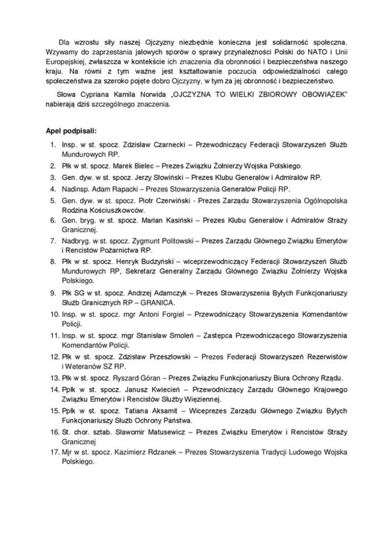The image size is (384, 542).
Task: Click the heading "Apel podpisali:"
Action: [71, 130]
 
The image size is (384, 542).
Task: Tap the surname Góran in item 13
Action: [147, 377]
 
